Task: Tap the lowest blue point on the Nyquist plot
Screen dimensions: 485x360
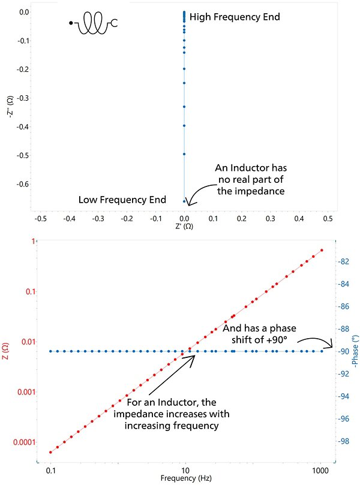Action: click(x=184, y=201)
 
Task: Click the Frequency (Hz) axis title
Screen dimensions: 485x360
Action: click(x=186, y=479)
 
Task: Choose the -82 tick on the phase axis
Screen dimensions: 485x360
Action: click(x=344, y=261)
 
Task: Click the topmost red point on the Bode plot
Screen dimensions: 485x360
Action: click(x=322, y=250)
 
